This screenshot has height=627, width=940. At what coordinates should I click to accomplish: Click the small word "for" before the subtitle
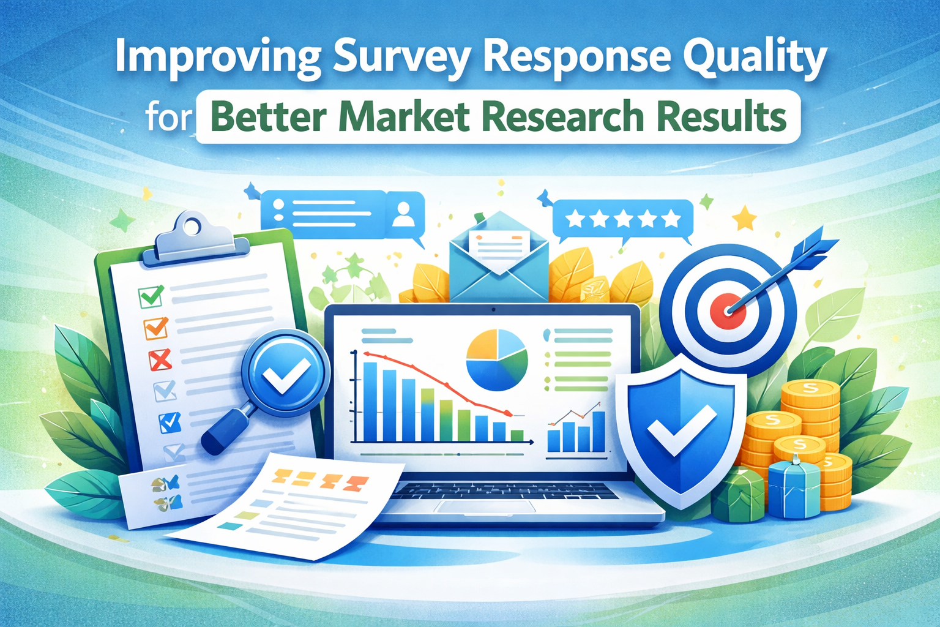pyautogui.click(x=169, y=117)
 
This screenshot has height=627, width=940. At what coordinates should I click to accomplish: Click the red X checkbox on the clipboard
pyautogui.click(x=160, y=360)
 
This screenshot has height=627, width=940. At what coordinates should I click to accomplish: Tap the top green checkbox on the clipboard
pyautogui.click(x=151, y=296)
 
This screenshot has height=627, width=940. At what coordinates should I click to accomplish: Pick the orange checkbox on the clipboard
pyautogui.click(x=155, y=328)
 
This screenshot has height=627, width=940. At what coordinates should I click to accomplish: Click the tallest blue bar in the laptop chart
pyautogui.click(x=370, y=401)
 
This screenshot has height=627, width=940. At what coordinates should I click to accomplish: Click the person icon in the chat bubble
pyautogui.click(x=402, y=214)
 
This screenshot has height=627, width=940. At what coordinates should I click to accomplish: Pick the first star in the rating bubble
pyautogui.click(x=575, y=219)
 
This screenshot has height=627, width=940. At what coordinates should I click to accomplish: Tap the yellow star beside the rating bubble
pyautogui.click(x=744, y=218)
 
